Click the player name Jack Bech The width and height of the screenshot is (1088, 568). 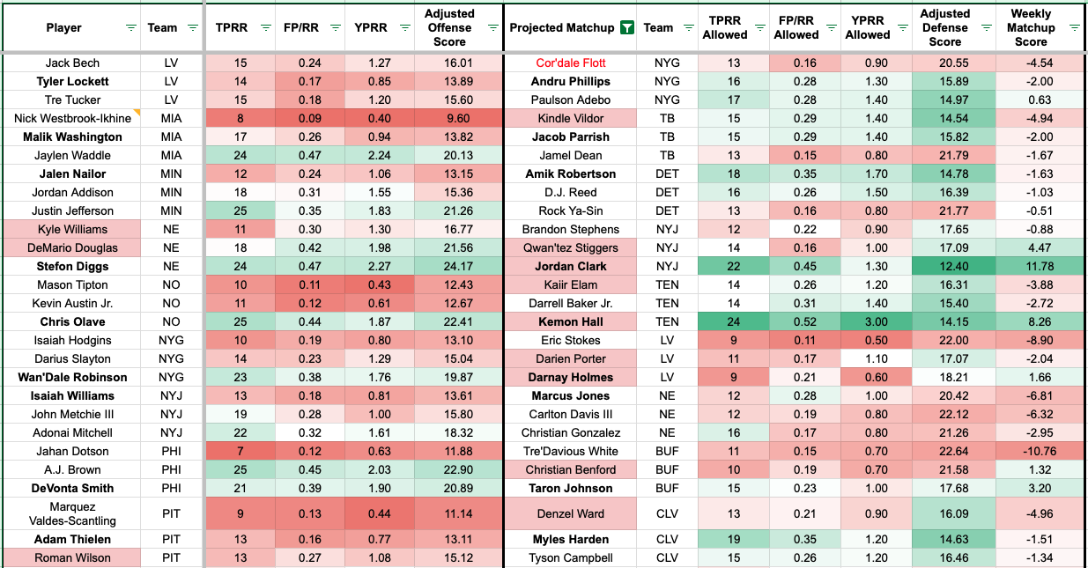[x=72, y=63]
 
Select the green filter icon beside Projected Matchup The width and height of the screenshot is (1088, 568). [x=626, y=27]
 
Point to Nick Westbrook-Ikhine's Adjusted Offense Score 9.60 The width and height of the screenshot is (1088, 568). [x=449, y=119]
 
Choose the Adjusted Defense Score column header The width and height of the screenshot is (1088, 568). [x=944, y=27]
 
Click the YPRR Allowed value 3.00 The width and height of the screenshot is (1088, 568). [x=867, y=321]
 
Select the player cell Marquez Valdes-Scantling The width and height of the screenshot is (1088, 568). [x=72, y=513]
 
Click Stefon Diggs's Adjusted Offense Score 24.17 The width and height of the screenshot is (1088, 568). [x=449, y=266]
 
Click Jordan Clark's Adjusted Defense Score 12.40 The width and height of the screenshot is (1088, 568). [x=944, y=266]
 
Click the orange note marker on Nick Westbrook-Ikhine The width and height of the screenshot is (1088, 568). [x=137, y=113]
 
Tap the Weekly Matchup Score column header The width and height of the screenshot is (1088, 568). [x=1030, y=27]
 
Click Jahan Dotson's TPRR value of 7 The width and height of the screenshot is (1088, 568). [x=239, y=451]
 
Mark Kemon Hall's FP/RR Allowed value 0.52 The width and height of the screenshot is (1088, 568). [x=796, y=321]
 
